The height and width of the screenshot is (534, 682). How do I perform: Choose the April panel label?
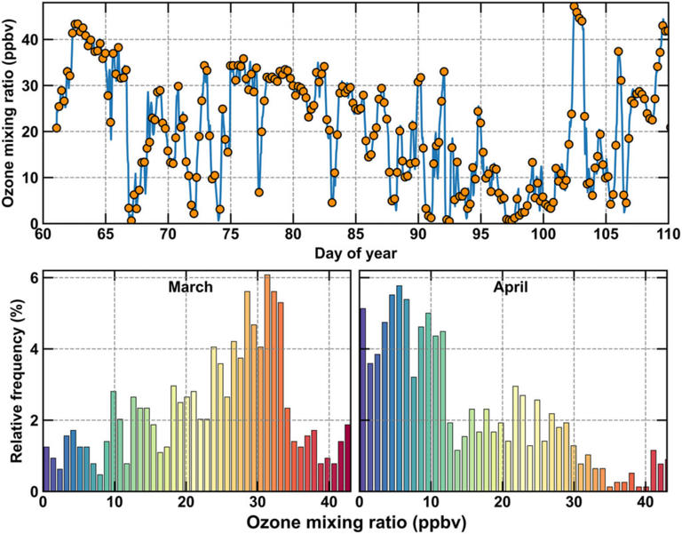click(512, 288)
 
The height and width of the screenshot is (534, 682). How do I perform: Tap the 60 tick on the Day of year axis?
click(43, 235)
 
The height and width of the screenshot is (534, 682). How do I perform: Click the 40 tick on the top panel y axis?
click(29, 39)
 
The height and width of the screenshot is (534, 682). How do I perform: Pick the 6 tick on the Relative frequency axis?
click(32, 277)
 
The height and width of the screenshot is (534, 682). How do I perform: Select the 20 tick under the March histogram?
click(186, 502)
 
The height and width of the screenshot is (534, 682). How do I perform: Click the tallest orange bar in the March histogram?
click(266, 383)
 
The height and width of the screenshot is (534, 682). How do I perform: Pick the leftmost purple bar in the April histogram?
click(362, 400)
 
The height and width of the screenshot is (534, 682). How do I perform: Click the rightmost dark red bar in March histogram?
click(347, 458)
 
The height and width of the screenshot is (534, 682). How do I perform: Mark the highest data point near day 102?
click(574, 7)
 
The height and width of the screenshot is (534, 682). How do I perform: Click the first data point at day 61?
click(56, 128)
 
